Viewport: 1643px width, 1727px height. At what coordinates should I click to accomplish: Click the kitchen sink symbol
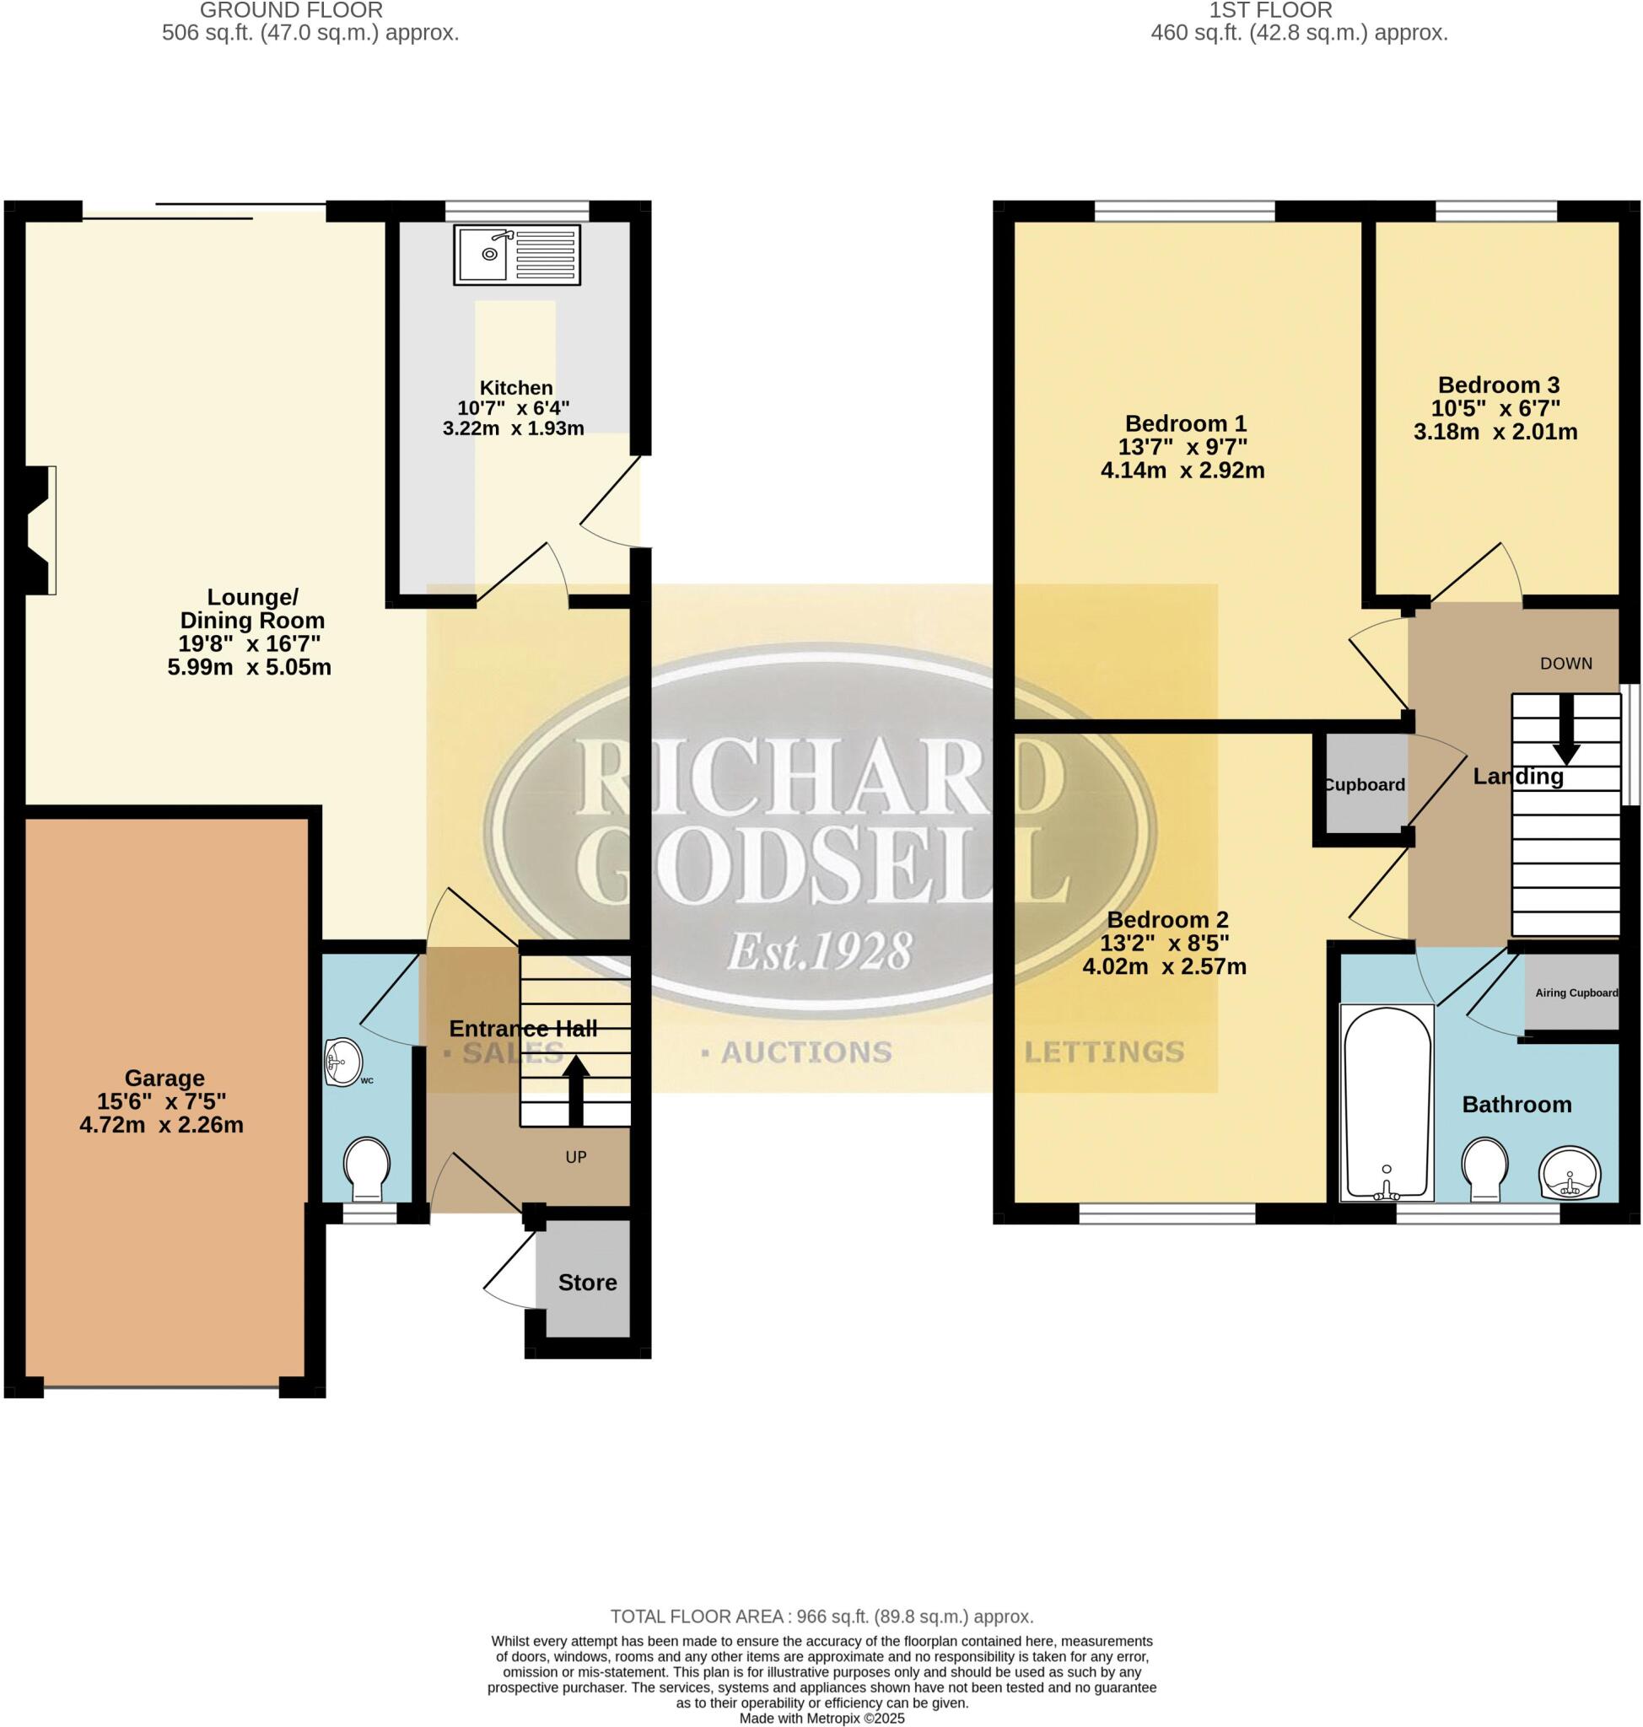click(x=516, y=254)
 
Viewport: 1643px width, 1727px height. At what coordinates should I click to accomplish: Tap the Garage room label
click(x=164, y=1078)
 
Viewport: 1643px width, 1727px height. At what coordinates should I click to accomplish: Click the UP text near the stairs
click(x=575, y=1157)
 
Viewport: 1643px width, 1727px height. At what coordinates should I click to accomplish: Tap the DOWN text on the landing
click(x=1566, y=663)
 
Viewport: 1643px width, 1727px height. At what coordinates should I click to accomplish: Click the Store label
click(x=588, y=1282)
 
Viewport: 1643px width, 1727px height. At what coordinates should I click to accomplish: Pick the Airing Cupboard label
click(x=1576, y=993)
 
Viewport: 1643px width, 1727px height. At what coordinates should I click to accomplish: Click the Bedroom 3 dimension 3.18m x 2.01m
click(x=1495, y=432)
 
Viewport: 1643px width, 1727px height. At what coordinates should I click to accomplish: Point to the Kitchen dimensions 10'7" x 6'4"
click(x=513, y=407)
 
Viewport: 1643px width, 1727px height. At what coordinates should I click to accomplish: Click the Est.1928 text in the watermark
click(x=820, y=952)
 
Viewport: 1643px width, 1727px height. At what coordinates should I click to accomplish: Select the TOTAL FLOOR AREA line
click(x=821, y=1617)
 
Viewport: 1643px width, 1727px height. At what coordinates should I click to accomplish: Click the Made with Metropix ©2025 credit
click(x=821, y=1719)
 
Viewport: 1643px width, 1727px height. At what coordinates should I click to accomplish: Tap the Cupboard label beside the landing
click(x=1364, y=785)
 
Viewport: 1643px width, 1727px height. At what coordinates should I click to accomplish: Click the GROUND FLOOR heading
click(x=291, y=10)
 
